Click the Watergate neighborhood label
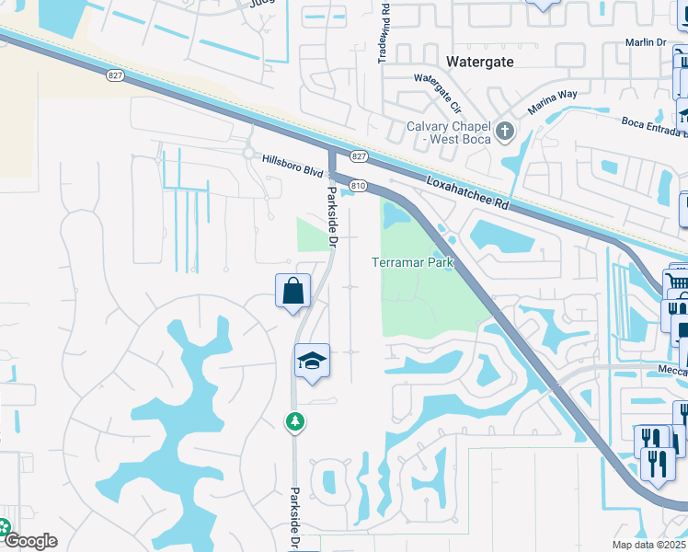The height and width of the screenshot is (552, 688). pyautogui.click(x=479, y=62)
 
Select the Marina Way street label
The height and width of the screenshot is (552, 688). pyautogui.click(x=552, y=101)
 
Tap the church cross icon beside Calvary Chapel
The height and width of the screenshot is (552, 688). pyautogui.click(x=504, y=132)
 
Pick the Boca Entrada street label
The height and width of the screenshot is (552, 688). pyautogui.click(x=654, y=125)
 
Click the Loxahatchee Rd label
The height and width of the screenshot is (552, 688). pyautogui.click(x=468, y=193)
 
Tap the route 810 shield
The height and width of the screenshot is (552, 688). pyautogui.click(x=359, y=186)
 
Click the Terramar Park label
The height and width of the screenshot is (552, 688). pyautogui.click(x=413, y=262)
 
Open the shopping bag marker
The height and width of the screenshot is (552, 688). pyautogui.click(x=292, y=292)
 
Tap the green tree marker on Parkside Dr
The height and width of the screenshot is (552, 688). pyautogui.click(x=295, y=421)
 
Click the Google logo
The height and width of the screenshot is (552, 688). pyautogui.click(x=30, y=541)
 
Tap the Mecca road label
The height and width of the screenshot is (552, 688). pyautogui.click(x=673, y=371)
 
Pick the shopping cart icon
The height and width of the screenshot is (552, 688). pyautogui.click(x=677, y=281)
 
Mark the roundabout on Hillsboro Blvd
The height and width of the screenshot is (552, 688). pyautogui.click(x=248, y=154)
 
